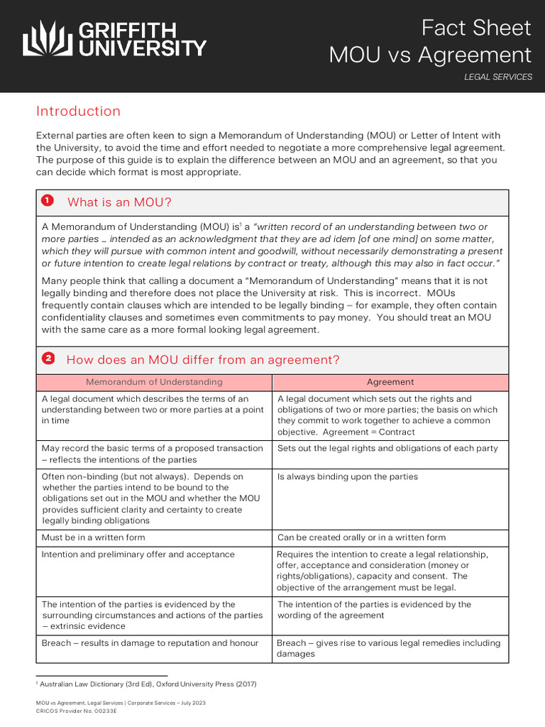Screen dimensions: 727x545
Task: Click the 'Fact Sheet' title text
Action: [x=475, y=28]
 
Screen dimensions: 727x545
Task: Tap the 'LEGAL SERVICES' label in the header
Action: [x=497, y=77]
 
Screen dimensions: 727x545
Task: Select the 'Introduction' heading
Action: [x=78, y=111]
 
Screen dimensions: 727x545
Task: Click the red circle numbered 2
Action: [x=48, y=359]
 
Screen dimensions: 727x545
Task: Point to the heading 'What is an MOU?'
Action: [x=119, y=202]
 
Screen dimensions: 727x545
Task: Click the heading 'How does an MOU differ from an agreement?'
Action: [x=203, y=360]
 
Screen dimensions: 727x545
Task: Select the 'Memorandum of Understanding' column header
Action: [x=154, y=382]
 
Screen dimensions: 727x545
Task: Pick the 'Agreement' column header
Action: [x=390, y=382]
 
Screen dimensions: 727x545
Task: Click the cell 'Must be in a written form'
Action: [x=93, y=537]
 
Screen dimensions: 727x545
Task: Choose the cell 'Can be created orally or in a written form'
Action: [x=361, y=537]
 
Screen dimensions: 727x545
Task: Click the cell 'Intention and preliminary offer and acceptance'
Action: [x=138, y=554]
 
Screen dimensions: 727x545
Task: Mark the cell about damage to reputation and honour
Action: [x=150, y=643]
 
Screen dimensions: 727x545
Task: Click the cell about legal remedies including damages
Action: [x=388, y=648]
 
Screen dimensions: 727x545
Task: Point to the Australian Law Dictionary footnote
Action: [x=148, y=684]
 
